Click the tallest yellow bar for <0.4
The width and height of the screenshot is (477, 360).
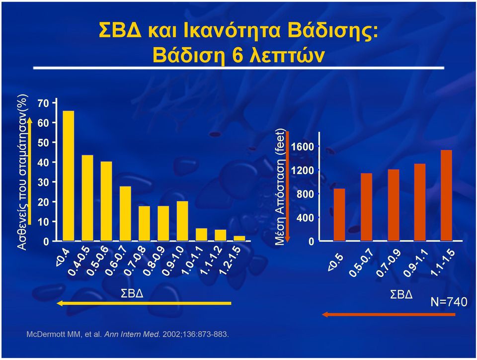(68, 176)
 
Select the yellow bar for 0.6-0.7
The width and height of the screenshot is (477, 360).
(125, 214)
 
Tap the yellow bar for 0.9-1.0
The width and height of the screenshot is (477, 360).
(182, 221)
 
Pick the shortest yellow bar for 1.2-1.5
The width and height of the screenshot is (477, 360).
(239, 238)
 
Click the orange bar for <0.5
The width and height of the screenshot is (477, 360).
(339, 214)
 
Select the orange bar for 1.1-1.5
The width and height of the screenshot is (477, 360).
(446, 195)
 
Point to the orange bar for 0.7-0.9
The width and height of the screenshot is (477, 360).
(394, 205)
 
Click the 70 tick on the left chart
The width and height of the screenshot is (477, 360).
(43, 103)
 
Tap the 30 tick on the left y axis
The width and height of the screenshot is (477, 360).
(43, 182)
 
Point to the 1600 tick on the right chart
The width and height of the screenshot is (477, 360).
(302, 147)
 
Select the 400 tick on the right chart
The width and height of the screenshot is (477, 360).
(305, 218)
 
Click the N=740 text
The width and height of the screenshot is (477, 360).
(449, 302)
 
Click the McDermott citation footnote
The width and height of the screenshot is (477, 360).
(128, 334)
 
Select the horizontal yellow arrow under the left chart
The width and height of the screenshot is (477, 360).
(144, 303)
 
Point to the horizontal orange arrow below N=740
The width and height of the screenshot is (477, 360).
(389, 314)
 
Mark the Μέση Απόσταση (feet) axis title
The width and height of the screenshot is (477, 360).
(280, 187)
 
